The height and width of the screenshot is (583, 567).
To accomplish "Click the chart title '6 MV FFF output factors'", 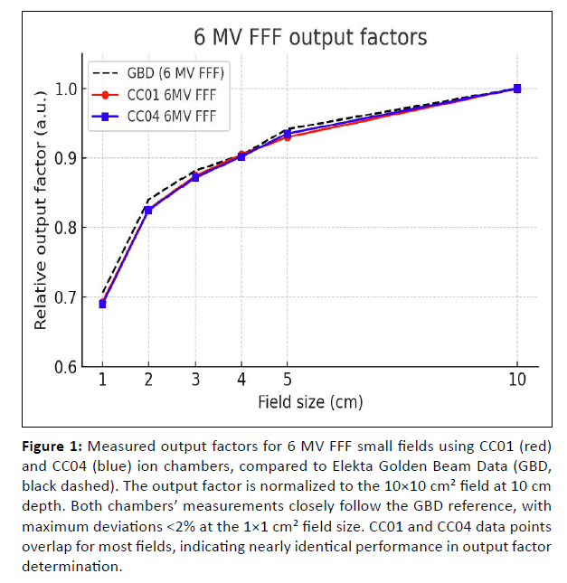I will [x=311, y=37].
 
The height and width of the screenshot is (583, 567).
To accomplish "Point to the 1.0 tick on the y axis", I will [x=67, y=89].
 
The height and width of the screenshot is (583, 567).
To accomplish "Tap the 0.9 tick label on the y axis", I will [x=67, y=158].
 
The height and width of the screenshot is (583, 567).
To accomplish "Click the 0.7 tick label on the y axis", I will [x=67, y=297].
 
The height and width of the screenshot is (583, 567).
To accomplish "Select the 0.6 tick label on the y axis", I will [x=67, y=367].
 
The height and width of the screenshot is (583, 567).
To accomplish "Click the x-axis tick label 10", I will [x=516, y=381].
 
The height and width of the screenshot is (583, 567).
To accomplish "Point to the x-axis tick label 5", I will [x=287, y=381].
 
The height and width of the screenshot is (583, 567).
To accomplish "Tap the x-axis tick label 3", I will [x=194, y=381].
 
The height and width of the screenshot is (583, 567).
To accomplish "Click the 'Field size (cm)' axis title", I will [x=310, y=401].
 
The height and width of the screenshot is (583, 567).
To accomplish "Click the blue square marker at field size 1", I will [x=102, y=304].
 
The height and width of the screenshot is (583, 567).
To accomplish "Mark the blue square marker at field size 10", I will [x=516, y=89].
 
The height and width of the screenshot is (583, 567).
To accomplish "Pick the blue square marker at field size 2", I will [x=148, y=210].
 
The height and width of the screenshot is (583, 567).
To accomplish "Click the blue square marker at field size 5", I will [x=287, y=134].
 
